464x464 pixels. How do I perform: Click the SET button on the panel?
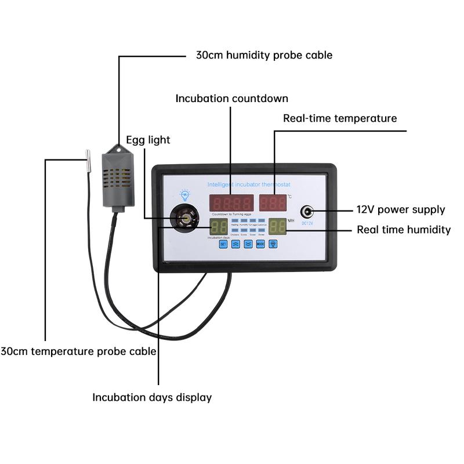point(223,244)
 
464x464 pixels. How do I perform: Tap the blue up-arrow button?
point(235,244)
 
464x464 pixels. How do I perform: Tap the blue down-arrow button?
point(248,244)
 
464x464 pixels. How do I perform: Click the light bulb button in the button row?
point(273,244)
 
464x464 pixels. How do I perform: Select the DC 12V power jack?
point(307,212)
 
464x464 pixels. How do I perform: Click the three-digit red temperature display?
point(273,203)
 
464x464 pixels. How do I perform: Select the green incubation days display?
point(219,227)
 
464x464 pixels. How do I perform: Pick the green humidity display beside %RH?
point(278,226)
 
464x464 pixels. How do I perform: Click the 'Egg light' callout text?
point(148,140)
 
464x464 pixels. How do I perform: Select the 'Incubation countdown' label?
point(231,99)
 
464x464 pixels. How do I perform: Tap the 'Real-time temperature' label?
point(340,118)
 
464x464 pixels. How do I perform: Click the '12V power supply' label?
point(401,210)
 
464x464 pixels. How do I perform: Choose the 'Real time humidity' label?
point(404,230)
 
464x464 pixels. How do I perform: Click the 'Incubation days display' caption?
point(152,397)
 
